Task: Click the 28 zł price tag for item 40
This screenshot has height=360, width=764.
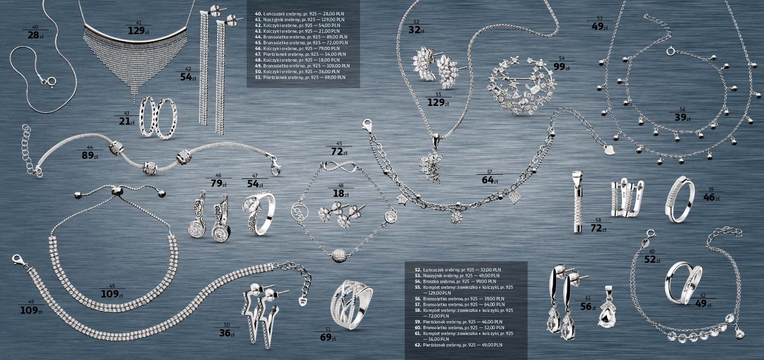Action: coord(33,35)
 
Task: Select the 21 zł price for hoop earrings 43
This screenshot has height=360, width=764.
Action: coord(126,121)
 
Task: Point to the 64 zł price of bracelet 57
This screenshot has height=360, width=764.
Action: coord(489,180)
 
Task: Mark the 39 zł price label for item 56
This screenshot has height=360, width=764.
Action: coord(682,117)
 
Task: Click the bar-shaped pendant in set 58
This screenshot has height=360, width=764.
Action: coord(578,202)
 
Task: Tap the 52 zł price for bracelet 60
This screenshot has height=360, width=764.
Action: coord(652,259)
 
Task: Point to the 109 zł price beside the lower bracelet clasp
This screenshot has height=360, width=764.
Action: coord(31,310)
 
